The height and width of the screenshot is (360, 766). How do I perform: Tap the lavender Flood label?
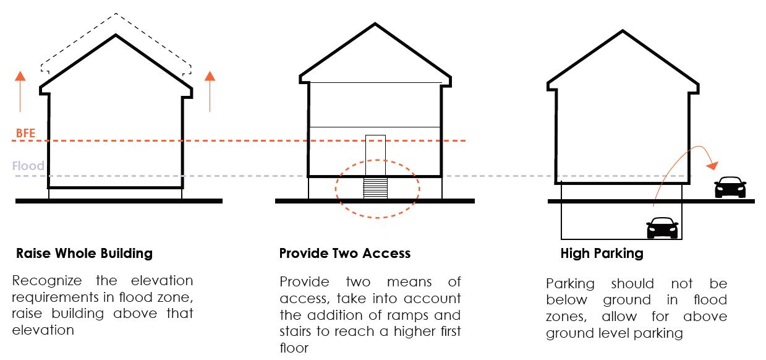tap(28, 166)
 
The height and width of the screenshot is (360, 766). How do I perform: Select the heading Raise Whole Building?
tap(84, 253)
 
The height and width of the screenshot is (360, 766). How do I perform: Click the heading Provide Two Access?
tap(344, 253)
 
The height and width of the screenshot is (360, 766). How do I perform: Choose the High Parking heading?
tap(602, 253)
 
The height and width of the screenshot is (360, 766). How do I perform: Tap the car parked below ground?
tap(662, 227)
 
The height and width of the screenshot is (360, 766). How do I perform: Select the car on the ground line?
tap(730, 187)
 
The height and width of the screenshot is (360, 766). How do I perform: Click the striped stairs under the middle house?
tap(375, 188)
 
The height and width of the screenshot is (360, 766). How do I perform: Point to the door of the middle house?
tap(375, 155)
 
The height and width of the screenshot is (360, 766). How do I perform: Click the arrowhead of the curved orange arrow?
tap(713, 166)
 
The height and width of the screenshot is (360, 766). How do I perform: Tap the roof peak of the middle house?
tap(375, 25)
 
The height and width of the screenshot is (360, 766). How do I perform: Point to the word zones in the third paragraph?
tap(564, 317)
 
